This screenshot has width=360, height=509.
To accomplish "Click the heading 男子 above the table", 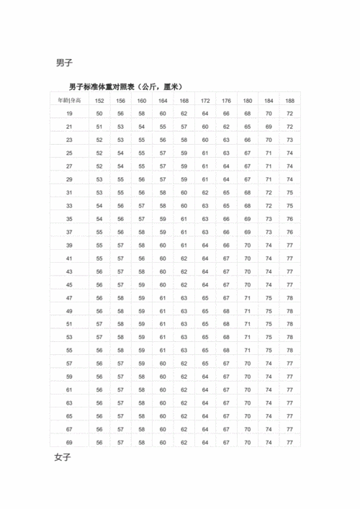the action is click(63, 62).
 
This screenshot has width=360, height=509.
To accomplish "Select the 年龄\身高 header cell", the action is click(70, 101).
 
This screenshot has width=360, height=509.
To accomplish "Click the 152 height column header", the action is click(99, 101).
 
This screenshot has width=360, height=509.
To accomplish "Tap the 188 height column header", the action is click(289, 101).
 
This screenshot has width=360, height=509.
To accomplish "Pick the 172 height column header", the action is click(205, 101).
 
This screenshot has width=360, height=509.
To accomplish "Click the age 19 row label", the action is click(70, 114).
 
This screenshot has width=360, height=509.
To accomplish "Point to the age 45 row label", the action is click(70, 284).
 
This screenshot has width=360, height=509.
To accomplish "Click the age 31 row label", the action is click(70, 192).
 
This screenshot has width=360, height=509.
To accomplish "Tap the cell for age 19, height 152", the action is click(99, 114).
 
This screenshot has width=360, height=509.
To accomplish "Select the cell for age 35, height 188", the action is click(289, 219).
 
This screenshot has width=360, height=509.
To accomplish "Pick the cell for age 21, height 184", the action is click(269, 127).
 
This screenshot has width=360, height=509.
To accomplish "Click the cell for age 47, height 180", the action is click(248, 298).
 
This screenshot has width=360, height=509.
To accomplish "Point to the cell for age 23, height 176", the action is click(226, 140).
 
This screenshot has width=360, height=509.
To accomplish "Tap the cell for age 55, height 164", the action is click(163, 351).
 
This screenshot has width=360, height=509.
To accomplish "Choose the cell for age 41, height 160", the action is click(142, 258).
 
